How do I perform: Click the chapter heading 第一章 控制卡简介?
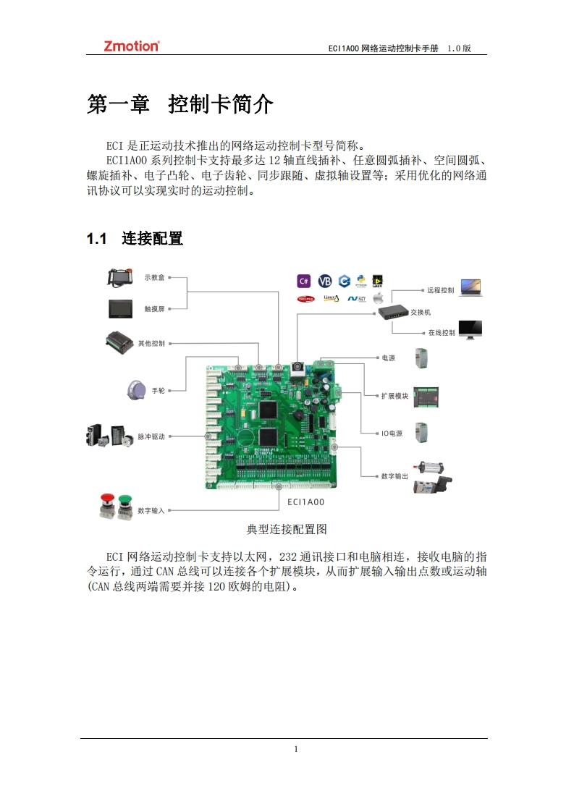pos(180,104)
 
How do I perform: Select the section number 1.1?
pos(96,238)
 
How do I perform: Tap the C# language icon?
pos(304,281)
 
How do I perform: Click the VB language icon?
pos(325,281)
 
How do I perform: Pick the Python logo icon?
pos(360,281)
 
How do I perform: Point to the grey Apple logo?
pos(377,297)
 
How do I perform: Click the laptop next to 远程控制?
pos(470,288)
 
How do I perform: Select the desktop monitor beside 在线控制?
pos(470,330)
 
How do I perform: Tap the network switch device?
pos(392,311)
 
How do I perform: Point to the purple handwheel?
pos(135,389)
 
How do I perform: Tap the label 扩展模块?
pos(395,396)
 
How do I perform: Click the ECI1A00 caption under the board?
pos(305,502)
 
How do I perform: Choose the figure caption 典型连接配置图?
pos(287,530)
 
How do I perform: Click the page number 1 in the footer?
pos(297,749)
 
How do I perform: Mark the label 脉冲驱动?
pos(152,437)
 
